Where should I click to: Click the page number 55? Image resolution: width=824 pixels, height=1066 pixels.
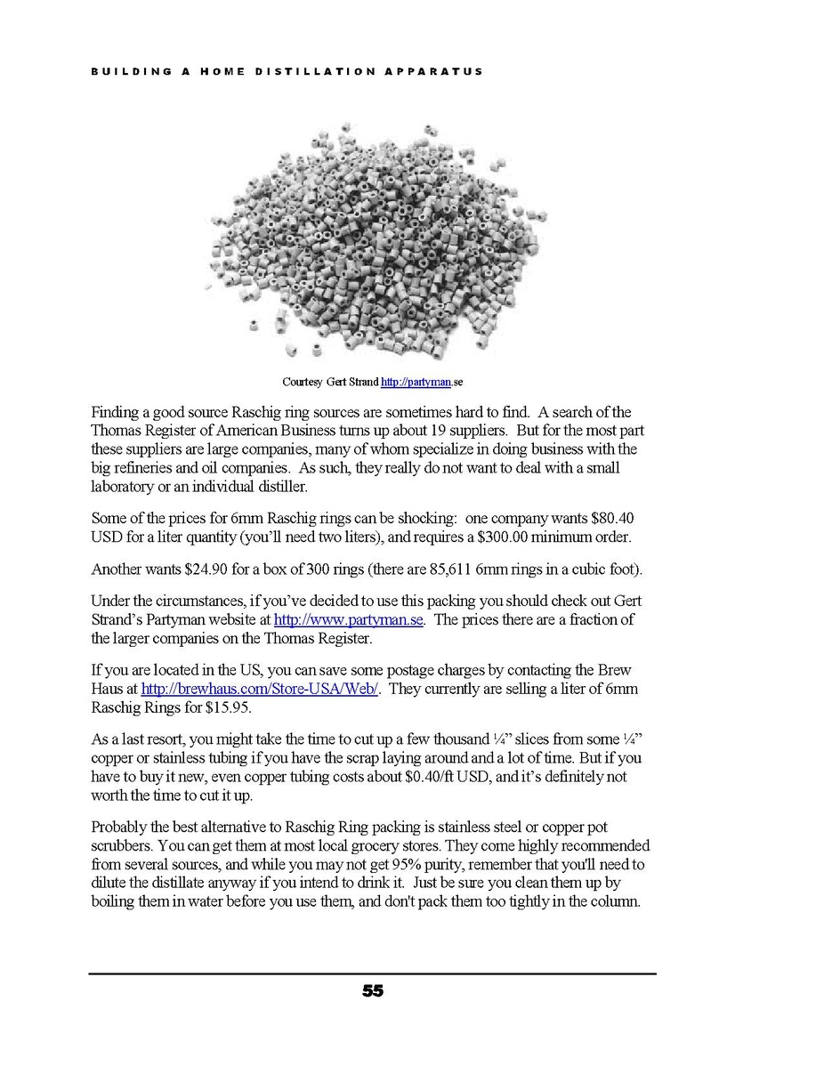pyautogui.click(x=373, y=991)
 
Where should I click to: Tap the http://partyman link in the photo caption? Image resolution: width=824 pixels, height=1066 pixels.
pyautogui.click(x=416, y=382)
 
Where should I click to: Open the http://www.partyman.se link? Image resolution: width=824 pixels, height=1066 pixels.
pyautogui.click(x=348, y=620)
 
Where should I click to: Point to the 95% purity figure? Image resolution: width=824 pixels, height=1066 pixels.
pyautogui.click(x=462, y=864)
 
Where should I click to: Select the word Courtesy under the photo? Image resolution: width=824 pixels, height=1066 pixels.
pyautogui.click(x=302, y=382)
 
